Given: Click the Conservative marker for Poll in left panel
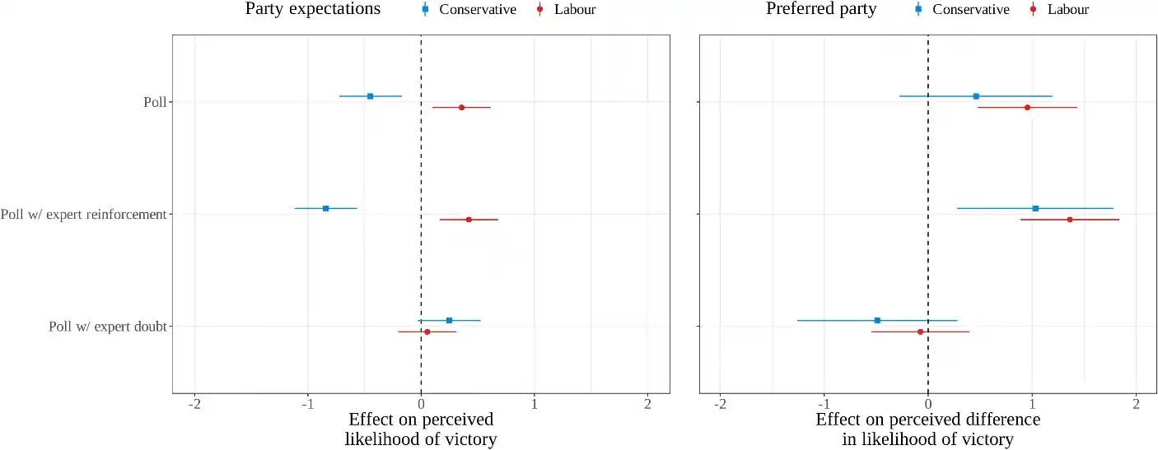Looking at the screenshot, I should pyautogui.click(x=370, y=96).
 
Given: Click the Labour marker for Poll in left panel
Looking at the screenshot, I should pyautogui.click(x=461, y=108).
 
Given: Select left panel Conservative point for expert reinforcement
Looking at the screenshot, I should pyautogui.click(x=325, y=208).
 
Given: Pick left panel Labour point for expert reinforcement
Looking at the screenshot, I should pyautogui.click(x=469, y=220).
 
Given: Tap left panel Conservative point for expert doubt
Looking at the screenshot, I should pyautogui.click(x=449, y=320).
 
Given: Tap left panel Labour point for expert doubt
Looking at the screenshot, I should pyautogui.click(x=427, y=332).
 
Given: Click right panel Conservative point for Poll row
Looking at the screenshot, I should pyautogui.click(x=976, y=96).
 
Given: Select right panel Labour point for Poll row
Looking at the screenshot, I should pyautogui.click(x=1027, y=108).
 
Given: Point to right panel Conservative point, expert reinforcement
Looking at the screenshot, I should pyautogui.click(x=1035, y=208).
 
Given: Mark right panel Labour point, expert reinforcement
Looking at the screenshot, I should pyautogui.click(x=1070, y=220).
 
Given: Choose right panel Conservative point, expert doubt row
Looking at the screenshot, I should pyautogui.click(x=877, y=320).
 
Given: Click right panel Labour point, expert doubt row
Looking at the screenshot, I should pyautogui.click(x=920, y=332).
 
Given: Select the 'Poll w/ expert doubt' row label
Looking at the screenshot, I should pyautogui.click(x=108, y=327).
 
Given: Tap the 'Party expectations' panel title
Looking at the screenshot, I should pyautogui.click(x=313, y=10).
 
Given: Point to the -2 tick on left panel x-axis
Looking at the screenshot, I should pyautogui.click(x=195, y=405).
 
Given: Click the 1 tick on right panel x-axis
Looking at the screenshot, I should pyautogui.click(x=1032, y=405).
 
